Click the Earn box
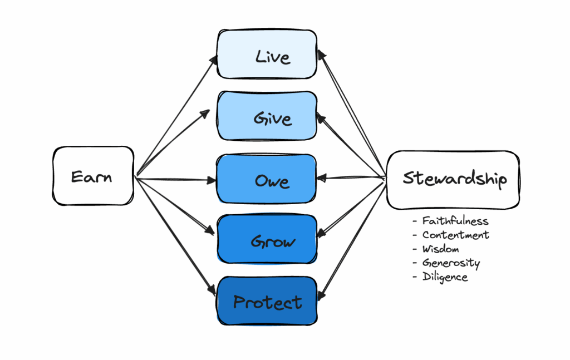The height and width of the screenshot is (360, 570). point(93,176)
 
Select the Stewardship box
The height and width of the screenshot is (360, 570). point(453,180)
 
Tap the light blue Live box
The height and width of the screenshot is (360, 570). point(267,54)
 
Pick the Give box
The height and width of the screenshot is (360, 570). point(267,116)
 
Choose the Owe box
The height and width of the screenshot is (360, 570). point(267,179)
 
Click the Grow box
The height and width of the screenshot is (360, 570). point(267,239)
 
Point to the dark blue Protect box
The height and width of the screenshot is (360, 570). point(267,301)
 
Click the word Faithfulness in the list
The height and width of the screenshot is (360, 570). point(455,221)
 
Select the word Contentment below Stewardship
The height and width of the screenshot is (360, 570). point(455,235)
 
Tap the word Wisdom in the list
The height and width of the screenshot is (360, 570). point(440,249)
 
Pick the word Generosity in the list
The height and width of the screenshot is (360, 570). point(451,263)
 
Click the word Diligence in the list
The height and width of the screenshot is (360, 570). point(445,277)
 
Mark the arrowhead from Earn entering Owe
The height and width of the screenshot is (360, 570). point(212,180)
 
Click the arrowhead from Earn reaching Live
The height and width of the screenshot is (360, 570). point(213,60)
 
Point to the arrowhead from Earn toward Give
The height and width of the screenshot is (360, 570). point(206,114)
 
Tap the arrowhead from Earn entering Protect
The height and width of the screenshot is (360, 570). point(212,290)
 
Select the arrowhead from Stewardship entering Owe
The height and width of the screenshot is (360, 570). point(322,178)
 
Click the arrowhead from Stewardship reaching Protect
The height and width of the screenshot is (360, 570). point(321,295)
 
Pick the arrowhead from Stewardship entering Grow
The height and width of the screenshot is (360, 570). point(321,233)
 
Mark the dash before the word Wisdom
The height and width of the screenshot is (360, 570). point(415,249)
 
